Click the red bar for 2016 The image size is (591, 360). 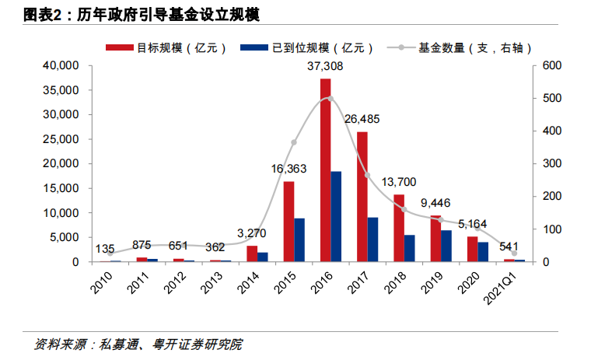click(326, 170)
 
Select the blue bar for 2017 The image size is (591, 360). click(372, 239)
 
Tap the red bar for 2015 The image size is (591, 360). click(289, 222)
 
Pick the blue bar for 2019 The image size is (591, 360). click(446, 246)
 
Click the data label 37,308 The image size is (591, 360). click(325, 66)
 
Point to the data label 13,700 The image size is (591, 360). click(399, 182)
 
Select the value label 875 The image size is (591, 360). click(142, 245)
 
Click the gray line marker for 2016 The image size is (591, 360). click(330, 99)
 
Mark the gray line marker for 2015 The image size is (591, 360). click(294, 142)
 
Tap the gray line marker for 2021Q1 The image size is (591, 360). click(514, 253)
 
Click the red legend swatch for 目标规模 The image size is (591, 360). click(120, 47)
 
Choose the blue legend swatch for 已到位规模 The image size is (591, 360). click(254, 47)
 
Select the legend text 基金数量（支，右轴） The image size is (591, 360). click(475, 48)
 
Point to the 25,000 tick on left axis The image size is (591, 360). click(61, 139)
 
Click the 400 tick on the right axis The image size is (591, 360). click(552, 131)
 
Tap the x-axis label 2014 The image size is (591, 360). click(248, 283)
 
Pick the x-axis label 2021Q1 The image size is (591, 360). click(501, 288)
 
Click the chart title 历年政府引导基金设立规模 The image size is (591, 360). click(168, 15)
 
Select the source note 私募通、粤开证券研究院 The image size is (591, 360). click(170, 344)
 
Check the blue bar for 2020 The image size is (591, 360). click(483, 252)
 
